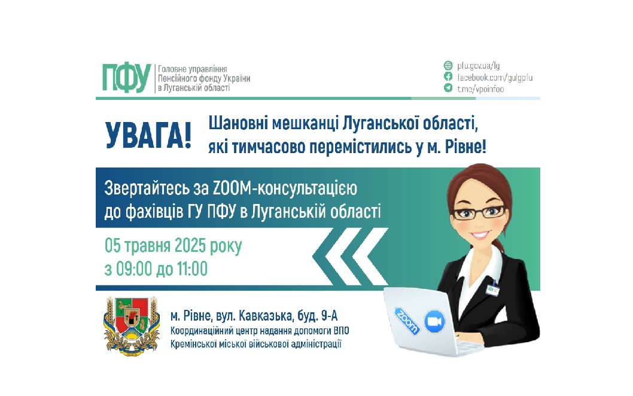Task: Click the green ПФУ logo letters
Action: pyautogui.click(x=126, y=78)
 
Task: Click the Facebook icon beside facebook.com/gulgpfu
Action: pyautogui.click(x=448, y=77)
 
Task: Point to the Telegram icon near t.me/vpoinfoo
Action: pyautogui.click(x=448, y=89)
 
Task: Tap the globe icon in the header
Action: pyautogui.click(x=448, y=66)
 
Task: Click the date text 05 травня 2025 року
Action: pyautogui.click(x=174, y=246)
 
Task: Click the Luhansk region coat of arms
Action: pyautogui.click(x=132, y=324)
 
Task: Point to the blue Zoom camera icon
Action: pyautogui.click(x=434, y=321)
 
